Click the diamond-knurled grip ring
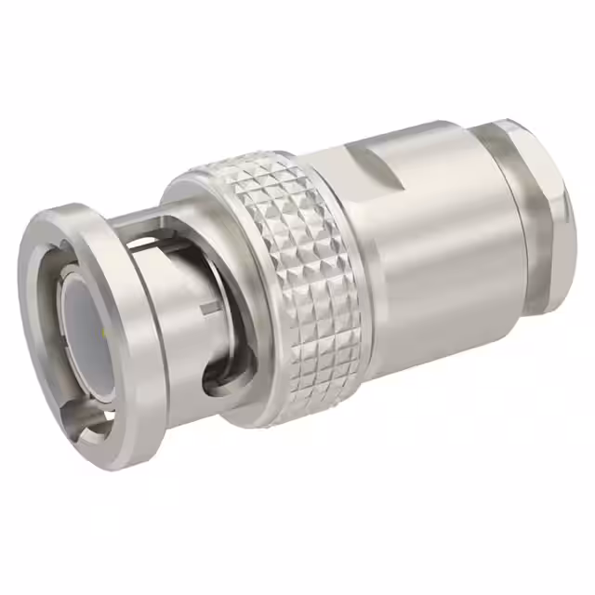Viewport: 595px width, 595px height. click(288, 279)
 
